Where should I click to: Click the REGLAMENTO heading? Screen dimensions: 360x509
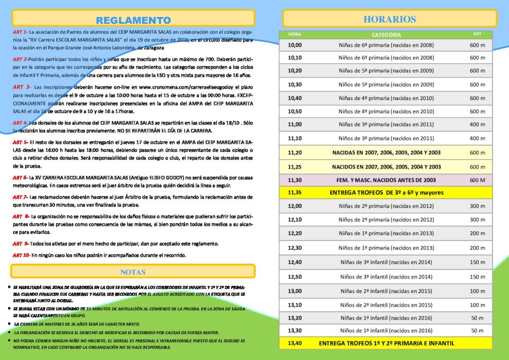tap(133, 20)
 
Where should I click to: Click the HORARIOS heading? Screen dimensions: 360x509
tap(389, 19)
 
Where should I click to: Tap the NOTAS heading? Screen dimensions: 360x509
tap(133, 272)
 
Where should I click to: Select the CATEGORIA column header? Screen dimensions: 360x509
tap(386, 35)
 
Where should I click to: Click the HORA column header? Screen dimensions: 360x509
tap(294, 34)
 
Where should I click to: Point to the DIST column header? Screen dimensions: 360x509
tap(477, 34)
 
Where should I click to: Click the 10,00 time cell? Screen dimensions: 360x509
tap(295, 45)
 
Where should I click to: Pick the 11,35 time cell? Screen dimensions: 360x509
tap(295, 192)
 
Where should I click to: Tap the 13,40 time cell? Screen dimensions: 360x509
tap(295, 343)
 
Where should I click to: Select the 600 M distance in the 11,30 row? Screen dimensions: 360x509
tap(477, 180)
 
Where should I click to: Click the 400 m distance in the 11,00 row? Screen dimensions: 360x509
tap(477, 124)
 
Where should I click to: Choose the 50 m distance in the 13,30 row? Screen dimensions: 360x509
tap(477, 330)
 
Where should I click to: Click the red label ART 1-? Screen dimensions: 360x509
tap(20, 31)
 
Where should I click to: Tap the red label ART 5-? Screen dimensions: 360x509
tap(20, 142)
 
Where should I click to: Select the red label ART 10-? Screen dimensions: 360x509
tap(21, 255)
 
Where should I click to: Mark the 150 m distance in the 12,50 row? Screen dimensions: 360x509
tap(477, 276)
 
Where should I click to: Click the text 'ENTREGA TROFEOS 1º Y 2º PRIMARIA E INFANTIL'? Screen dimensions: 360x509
tap(386, 343)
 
